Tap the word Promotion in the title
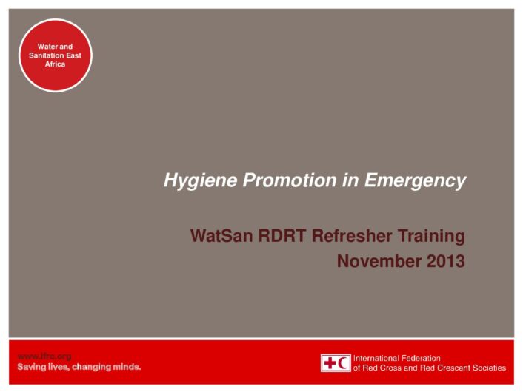[290, 180]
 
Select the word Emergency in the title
[415, 181]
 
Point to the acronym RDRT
[282, 236]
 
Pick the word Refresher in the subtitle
[352, 236]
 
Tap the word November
[379, 261]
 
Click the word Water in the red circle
[45, 47]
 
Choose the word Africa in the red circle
[55, 64]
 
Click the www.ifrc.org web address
[44, 356]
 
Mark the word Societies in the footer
[490, 368]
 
